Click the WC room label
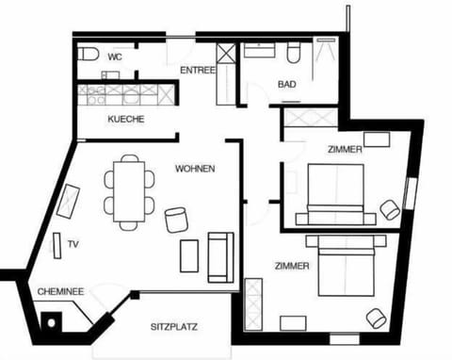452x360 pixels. (115, 57)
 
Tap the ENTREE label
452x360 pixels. (198, 71)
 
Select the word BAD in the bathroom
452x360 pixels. (287, 84)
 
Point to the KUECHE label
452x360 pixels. (126, 119)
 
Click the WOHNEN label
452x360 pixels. (195, 169)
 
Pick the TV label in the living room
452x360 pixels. (73, 244)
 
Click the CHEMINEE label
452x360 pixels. (60, 291)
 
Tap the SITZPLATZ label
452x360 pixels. (174, 327)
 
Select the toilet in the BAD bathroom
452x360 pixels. (294, 54)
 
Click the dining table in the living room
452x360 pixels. (129, 191)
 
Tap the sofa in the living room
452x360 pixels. (221, 257)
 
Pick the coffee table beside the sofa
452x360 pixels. (189, 256)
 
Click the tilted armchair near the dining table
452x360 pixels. (176, 220)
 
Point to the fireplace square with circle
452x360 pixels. (51, 322)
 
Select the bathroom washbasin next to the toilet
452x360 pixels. (260, 51)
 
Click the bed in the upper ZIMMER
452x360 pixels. (336, 194)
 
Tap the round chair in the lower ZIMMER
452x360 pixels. (377, 319)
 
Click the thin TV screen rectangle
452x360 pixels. (57, 246)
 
